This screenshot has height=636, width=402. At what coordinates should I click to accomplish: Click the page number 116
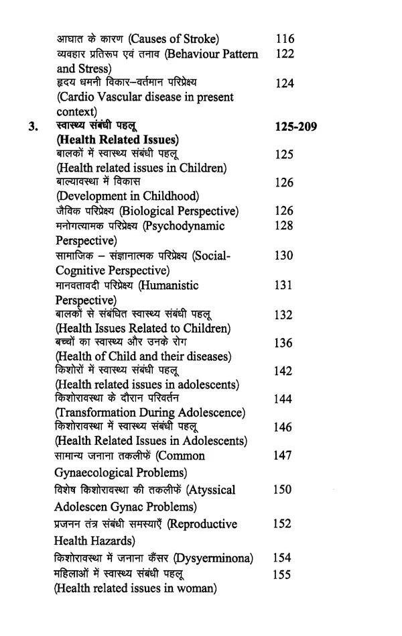(x=285, y=39)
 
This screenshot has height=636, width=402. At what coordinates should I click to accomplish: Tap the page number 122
(x=285, y=54)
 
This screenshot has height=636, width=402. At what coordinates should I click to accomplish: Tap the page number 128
(x=284, y=225)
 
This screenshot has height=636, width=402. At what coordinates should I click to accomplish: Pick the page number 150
(x=283, y=490)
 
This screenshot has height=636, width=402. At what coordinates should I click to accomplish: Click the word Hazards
(x=111, y=540)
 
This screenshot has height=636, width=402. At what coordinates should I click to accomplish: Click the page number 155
(x=284, y=574)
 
